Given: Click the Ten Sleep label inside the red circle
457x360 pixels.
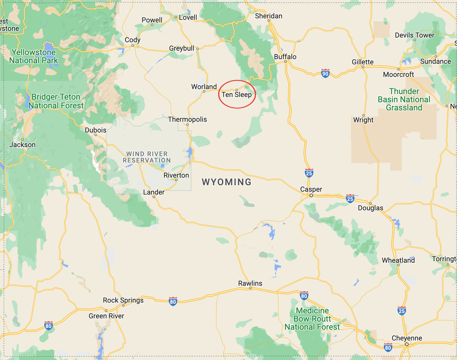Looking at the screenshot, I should (x=236, y=95).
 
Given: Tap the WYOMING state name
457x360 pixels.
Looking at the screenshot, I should (x=226, y=182).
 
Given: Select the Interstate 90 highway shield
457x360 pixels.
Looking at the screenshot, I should (x=325, y=73).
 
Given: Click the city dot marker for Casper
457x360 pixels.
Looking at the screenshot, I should (x=311, y=195).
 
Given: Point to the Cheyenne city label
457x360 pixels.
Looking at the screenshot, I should (x=407, y=338).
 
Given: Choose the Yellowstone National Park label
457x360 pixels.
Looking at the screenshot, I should (x=34, y=56).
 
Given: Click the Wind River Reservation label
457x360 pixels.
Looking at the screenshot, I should (x=147, y=157).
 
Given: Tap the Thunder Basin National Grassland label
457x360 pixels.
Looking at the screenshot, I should (x=404, y=99).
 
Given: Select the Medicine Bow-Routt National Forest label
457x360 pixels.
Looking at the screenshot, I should (x=312, y=319).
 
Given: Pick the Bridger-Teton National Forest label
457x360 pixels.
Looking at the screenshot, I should (x=56, y=101).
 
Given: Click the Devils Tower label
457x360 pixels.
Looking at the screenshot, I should (x=414, y=35).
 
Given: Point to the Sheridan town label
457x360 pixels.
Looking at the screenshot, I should (x=268, y=16).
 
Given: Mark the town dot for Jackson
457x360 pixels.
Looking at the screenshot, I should (x=22, y=140).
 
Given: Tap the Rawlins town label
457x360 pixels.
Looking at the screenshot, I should (x=250, y=283).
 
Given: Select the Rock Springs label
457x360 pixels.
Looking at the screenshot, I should (x=123, y=300).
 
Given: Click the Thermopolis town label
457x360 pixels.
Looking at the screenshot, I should (x=187, y=119).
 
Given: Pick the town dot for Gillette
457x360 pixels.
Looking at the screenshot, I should (x=363, y=67).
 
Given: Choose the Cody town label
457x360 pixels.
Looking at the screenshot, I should (x=133, y=40).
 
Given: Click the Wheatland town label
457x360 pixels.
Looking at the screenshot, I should (x=398, y=260).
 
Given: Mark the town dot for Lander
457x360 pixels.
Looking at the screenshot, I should (x=154, y=197).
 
